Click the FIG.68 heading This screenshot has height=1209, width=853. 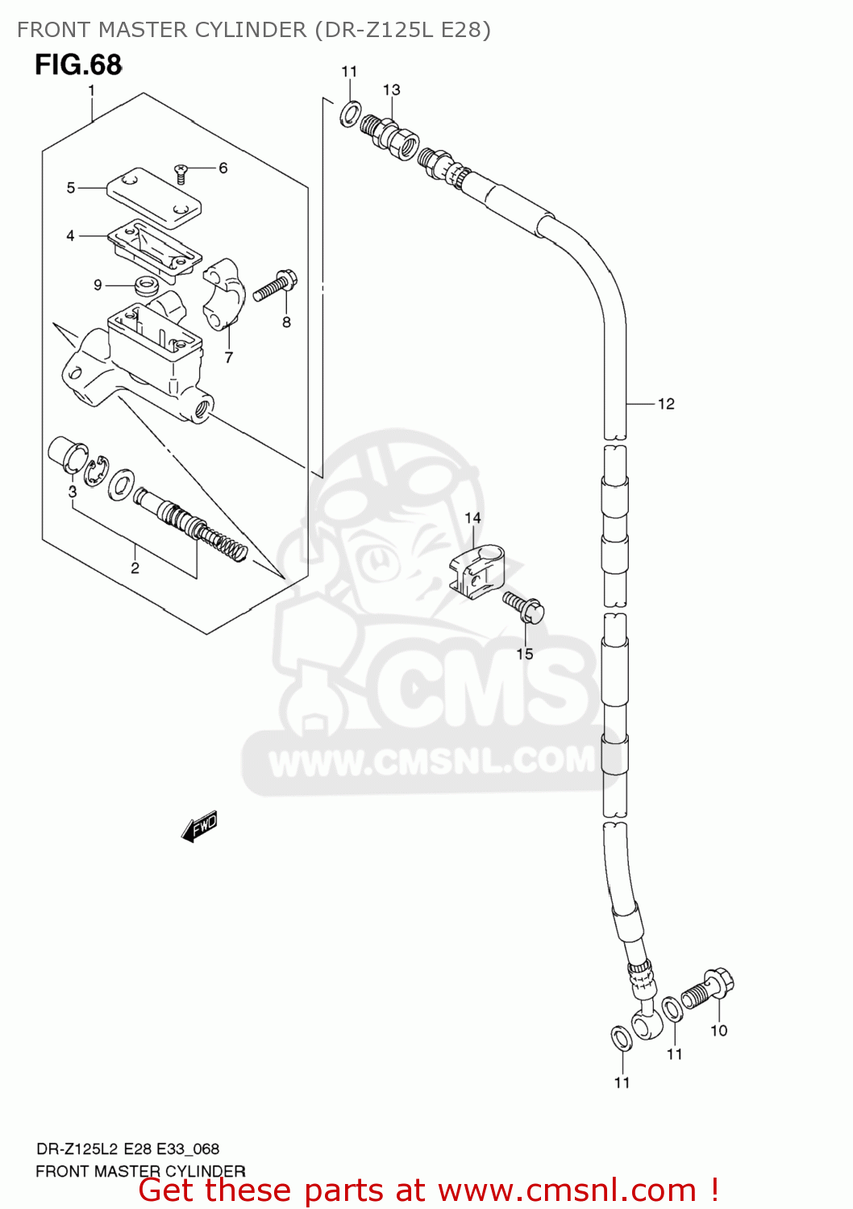coord(78,64)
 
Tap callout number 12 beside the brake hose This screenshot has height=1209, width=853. coord(666,404)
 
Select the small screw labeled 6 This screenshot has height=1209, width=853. coord(181,171)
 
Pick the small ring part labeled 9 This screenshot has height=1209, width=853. coord(146,284)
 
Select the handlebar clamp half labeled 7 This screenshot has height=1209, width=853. coord(225,293)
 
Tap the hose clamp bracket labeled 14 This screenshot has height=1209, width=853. coord(476,570)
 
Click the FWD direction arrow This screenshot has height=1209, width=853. coord(199,826)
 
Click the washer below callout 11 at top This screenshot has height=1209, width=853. coord(350,114)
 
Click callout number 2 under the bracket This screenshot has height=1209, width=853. coord(135,568)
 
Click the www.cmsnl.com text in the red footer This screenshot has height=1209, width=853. coord(567,1190)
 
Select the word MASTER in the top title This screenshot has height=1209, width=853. coord(142,30)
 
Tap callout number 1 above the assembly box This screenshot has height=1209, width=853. coord(92,90)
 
